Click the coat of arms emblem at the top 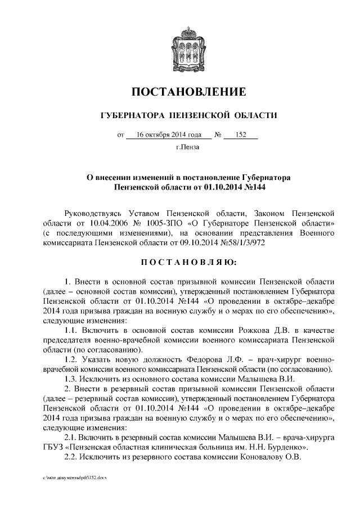[x=179, y=50]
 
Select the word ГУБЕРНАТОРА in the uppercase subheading [x=127, y=116]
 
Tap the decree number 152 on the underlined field [x=242, y=135]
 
